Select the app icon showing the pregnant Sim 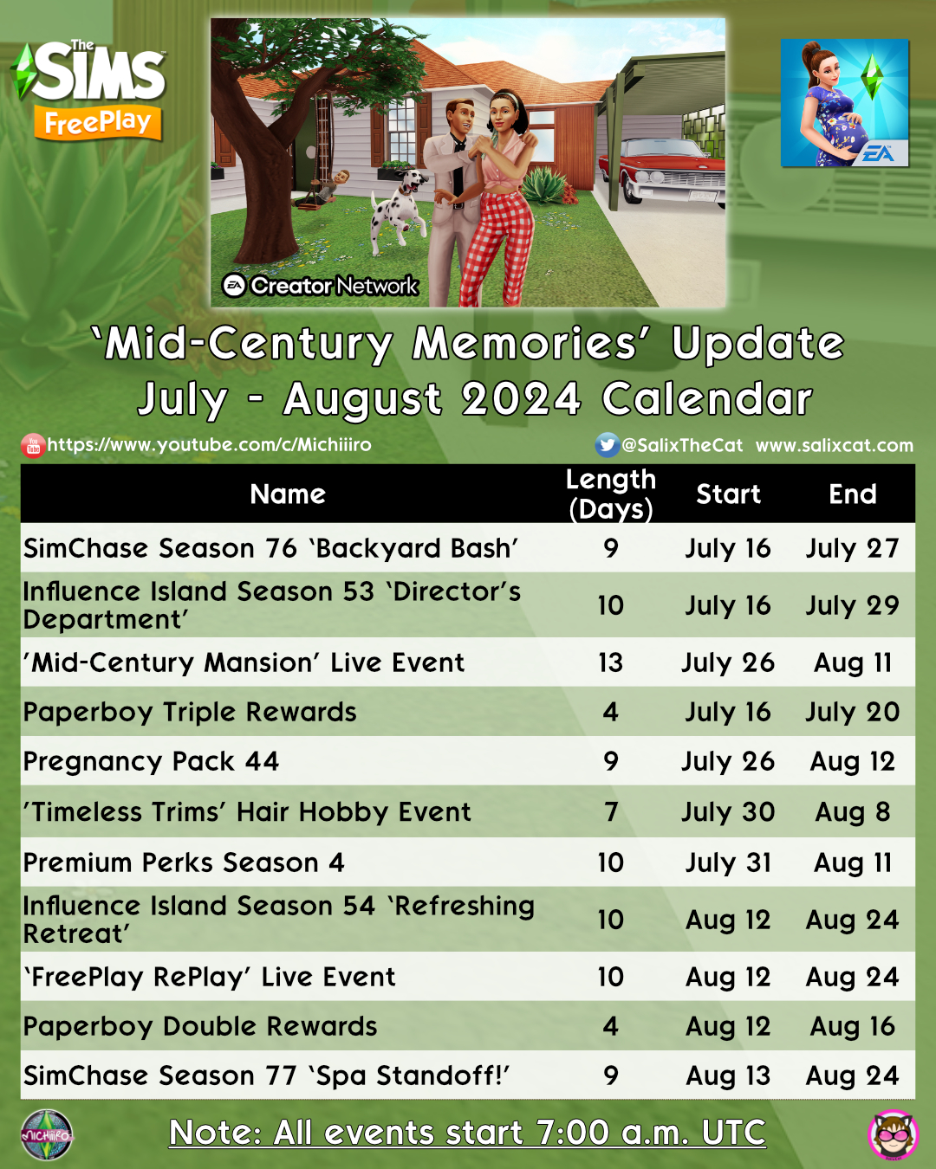[845, 103]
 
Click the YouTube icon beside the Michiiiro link [33, 446]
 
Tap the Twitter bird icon [607, 445]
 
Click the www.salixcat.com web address [835, 445]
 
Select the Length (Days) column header [611, 494]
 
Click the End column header [852, 494]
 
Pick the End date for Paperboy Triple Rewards [852, 712]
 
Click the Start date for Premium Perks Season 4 [728, 862]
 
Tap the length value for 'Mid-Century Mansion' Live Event [611, 662]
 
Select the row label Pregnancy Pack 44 [151, 762]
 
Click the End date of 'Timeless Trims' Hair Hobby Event [852, 812]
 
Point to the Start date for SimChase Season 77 [728, 1075]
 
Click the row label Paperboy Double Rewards [199, 1027]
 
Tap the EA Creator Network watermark [320, 285]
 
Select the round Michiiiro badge [47, 1134]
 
